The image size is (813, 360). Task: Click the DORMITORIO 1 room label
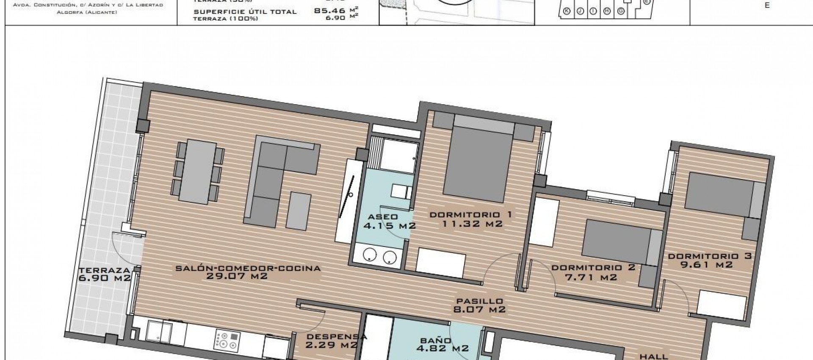(470, 214)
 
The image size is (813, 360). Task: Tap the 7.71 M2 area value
(591, 277)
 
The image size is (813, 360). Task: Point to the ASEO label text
(383, 216)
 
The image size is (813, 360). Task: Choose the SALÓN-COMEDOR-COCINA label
(248, 268)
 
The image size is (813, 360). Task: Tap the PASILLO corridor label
(479, 301)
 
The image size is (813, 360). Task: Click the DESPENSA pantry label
(336, 337)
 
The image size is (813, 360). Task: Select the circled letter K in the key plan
(567, 11)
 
